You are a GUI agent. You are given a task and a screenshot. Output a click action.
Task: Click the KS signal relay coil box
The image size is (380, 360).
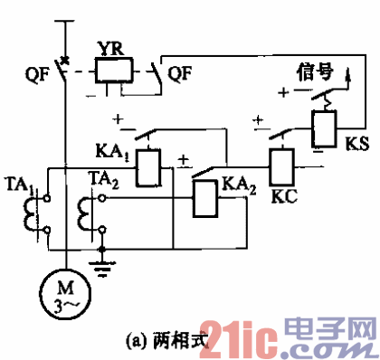(324, 128)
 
